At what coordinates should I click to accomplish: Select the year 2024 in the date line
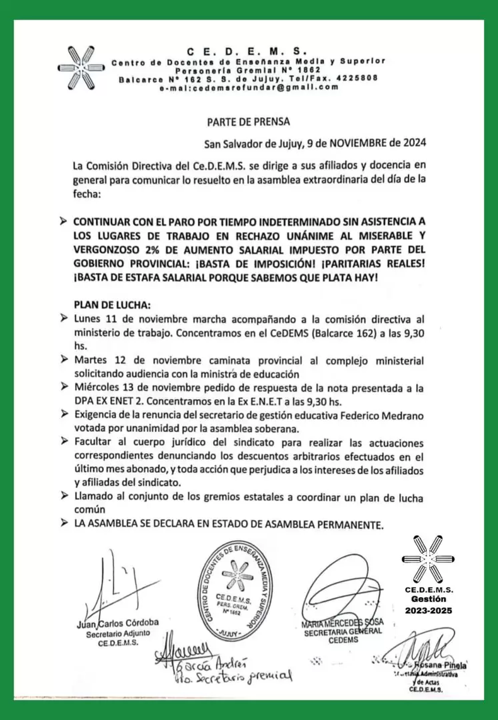pyautogui.click(x=412, y=142)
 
